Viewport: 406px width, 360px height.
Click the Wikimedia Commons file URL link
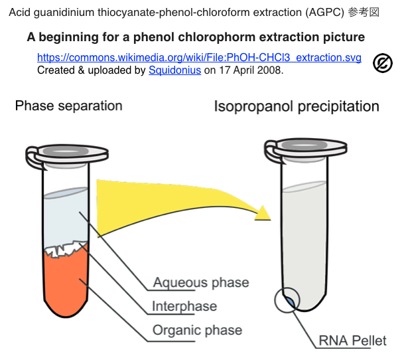coord(199,58)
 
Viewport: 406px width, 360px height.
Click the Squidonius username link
coord(174,70)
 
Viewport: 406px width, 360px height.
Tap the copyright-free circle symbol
coord(383,62)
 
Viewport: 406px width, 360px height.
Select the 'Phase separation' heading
coord(68,106)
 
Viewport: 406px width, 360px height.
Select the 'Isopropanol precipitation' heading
coord(297,106)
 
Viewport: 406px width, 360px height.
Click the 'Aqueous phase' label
coord(201,282)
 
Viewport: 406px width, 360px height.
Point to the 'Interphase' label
coord(184,306)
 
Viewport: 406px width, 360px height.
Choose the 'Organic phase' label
coord(197,330)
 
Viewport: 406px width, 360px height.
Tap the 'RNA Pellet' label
coord(352,341)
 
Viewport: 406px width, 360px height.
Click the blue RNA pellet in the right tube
coord(290,303)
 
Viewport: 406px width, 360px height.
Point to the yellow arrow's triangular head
coord(264,213)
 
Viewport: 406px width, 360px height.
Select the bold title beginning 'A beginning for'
coord(196,37)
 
